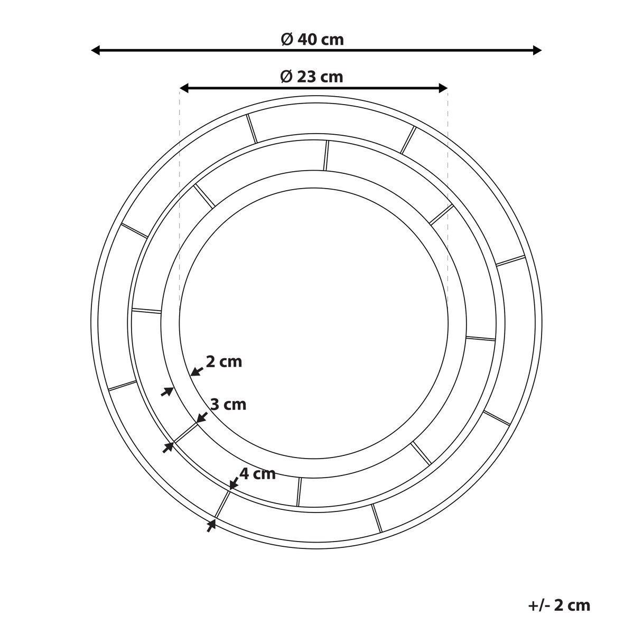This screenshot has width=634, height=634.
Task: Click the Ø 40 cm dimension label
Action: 312,40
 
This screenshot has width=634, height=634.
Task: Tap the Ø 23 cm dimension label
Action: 312,77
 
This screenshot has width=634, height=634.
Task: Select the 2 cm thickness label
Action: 223,362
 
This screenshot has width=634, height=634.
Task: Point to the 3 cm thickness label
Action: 228,404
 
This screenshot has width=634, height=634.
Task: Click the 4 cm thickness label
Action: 257,474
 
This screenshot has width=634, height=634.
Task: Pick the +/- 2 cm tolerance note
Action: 560,605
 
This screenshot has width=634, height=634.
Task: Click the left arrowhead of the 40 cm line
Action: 96,50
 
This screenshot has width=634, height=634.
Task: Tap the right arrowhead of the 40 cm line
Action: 537,50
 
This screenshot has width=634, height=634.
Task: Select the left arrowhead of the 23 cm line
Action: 184,88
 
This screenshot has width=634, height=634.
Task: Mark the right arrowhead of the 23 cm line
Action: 443,88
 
